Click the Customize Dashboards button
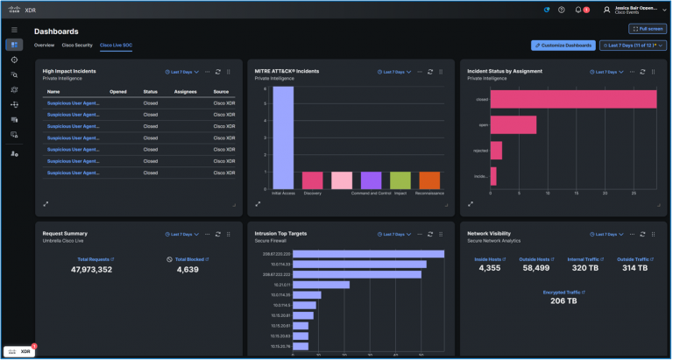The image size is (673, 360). (x=563, y=45)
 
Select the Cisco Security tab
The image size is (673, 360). (x=77, y=45)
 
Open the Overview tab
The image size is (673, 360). (x=44, y=45)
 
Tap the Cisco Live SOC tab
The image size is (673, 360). (x=116, y=45)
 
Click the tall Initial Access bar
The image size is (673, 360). (x=283, y=136)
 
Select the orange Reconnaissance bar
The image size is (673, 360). (x=429, y=180)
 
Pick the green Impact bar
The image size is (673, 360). (x=400, y=180)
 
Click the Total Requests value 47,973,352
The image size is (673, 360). (x=79, y=270)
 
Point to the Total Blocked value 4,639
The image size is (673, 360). (x=188, y=270)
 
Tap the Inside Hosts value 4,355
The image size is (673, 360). (x=490, y=268)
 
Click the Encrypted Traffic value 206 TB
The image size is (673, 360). (x=563, y=300)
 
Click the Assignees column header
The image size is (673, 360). (x=185, y=91)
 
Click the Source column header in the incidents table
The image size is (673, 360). (x=221, y=91)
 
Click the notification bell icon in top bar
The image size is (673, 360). (x=578, y=10)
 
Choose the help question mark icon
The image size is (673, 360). (x=562, y=10)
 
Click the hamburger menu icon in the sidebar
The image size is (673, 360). (x=14, y=29)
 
